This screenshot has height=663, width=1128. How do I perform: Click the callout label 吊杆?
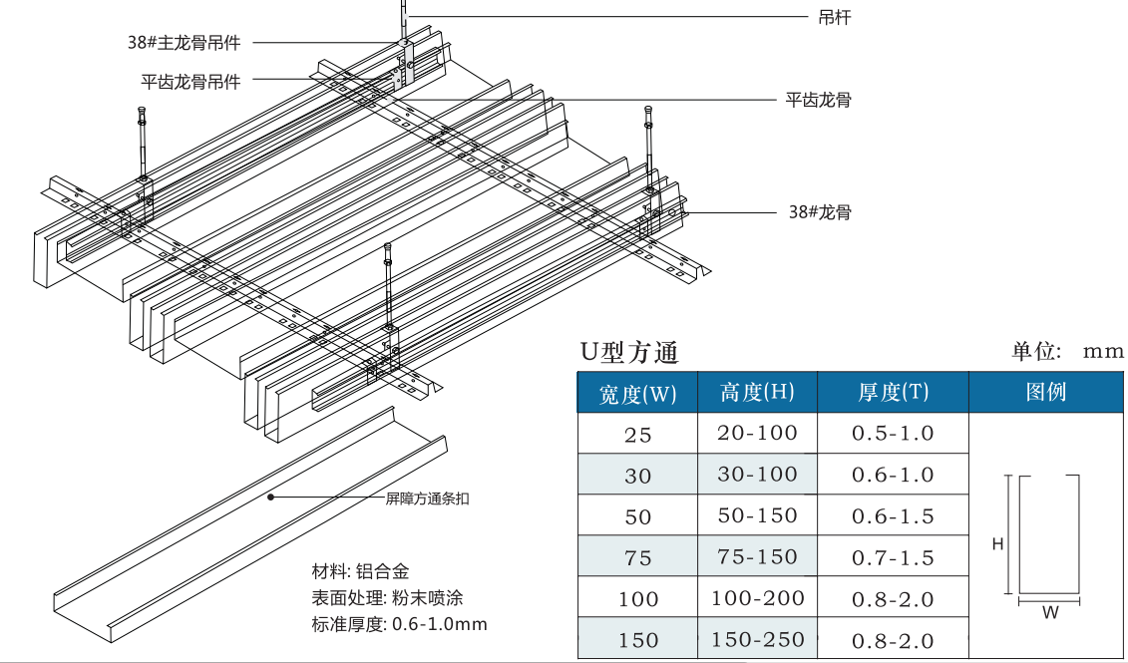click(x=834, y=17)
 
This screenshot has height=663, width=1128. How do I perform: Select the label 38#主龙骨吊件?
click(x=185, y=42)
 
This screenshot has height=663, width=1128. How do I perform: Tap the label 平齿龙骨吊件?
click(x=191, y=82)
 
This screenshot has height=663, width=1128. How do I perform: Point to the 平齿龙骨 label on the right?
click(x=818, y=100)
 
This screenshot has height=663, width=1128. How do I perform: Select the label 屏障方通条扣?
click(x=427, y=498)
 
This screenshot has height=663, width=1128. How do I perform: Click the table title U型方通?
click(x=629, y=352)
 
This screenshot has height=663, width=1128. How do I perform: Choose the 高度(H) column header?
click(x=757, y=393)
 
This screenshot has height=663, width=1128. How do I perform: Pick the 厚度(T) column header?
click(x=893, y=393)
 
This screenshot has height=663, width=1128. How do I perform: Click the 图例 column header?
click(x=1046, y=392)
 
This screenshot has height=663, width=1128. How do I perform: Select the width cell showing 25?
click(x=637, y=435)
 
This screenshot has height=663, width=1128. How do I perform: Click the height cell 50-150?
click(x=757, y=515)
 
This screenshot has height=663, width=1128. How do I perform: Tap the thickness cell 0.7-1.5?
click(x=893, y=557)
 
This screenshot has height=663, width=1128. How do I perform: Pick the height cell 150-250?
click(x=757, y=640)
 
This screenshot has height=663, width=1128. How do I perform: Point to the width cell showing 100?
click(x=637, y=599)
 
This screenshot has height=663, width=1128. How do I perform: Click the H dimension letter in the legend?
click(x=997, y=543)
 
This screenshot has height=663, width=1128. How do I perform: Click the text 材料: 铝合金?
click(x=361, y=572)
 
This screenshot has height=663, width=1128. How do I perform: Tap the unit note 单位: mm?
click(x=1067, y=351)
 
